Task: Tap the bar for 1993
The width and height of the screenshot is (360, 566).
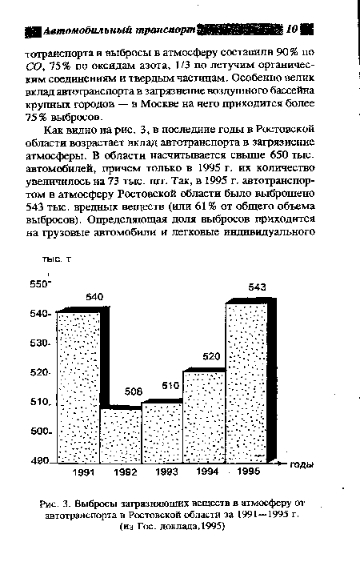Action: [162, 432]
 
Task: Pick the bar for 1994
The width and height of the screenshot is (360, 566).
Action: [204, 417]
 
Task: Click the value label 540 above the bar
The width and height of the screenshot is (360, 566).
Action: [94, 297]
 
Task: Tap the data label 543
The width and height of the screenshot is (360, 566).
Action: [258, 287]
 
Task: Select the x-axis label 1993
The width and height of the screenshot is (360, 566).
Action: [166, 474]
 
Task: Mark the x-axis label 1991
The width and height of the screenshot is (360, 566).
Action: [81, 474]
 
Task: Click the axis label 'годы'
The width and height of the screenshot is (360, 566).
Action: [301, 465]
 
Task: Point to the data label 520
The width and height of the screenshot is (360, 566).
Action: [211, 356]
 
